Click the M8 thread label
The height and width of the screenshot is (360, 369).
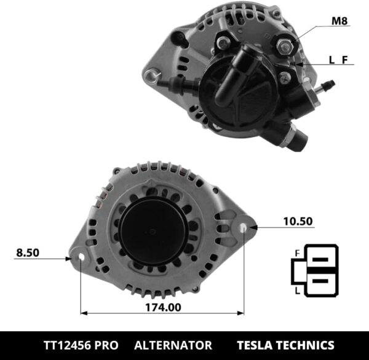point(339,22)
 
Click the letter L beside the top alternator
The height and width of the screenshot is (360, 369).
point(332,60)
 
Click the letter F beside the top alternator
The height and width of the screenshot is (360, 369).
point(345,60)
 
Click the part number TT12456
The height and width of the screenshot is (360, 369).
point(68,345)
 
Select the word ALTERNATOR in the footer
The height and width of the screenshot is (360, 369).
point(173,345)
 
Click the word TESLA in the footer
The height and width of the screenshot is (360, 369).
point(258,345)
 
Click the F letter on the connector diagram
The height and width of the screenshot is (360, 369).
point(298,252)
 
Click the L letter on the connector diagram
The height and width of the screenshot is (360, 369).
point(298,288)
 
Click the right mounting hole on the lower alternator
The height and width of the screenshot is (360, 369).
point(244,228)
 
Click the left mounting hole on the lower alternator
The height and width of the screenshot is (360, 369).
point(81,259)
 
